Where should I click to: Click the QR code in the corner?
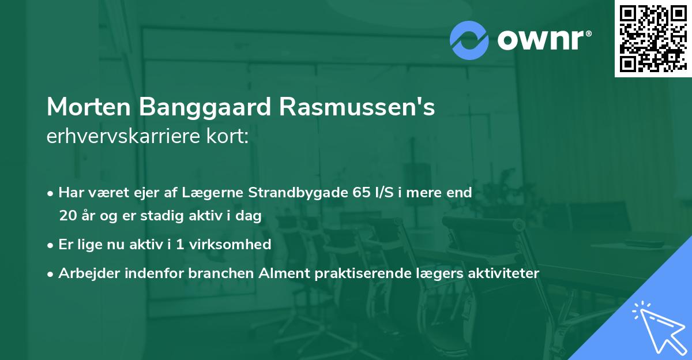tap(653, 39)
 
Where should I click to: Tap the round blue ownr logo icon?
tap(469, 40)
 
